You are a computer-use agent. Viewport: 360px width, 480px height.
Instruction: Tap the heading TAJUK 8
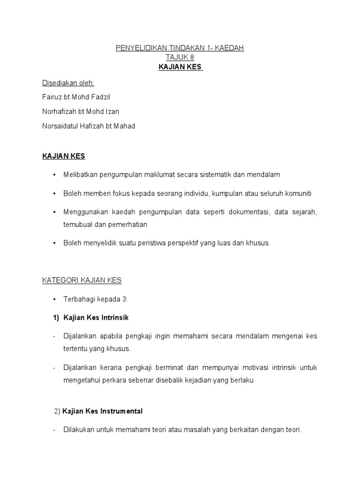[x=180, y=58]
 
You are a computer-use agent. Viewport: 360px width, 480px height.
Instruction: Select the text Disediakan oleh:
[x=68, y=83]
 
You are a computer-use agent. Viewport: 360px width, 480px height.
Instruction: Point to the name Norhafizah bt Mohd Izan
[x=81, y=112]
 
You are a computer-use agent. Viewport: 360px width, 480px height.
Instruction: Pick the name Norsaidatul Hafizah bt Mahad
[x=89, y=126]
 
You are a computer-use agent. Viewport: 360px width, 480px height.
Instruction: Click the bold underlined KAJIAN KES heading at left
[x=64, y=155]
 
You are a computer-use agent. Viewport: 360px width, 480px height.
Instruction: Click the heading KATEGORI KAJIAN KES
[x=82, y=280]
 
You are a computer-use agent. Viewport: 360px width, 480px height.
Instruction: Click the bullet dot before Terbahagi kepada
[x=54, y=299]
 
